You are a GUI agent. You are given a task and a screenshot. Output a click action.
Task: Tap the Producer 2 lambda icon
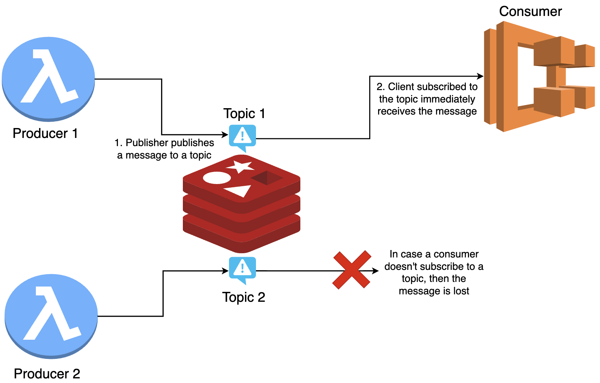click(51, 315)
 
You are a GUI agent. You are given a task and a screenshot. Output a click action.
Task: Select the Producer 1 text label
click(45, 133)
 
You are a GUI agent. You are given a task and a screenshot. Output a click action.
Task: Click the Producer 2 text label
click(47, 373)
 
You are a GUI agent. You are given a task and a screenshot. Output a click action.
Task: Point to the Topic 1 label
click(244, 113)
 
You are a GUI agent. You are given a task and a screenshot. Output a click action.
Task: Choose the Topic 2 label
click(244, 297)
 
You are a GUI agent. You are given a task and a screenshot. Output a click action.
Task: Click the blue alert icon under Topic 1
click(242, 137)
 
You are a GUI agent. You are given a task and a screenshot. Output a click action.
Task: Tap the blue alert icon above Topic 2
click(242, 269)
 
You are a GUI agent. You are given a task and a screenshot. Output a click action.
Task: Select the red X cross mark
click(351, 270)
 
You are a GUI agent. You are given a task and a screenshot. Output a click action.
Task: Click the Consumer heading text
click(530, 11)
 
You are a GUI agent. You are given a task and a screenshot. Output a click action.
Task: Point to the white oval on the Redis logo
click(217, 178)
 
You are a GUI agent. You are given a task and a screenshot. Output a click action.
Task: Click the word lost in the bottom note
click(461, 291)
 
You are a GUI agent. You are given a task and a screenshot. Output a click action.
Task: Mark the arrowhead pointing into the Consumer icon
click(480, 76)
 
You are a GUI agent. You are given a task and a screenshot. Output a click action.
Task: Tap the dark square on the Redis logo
click(267, 178)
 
